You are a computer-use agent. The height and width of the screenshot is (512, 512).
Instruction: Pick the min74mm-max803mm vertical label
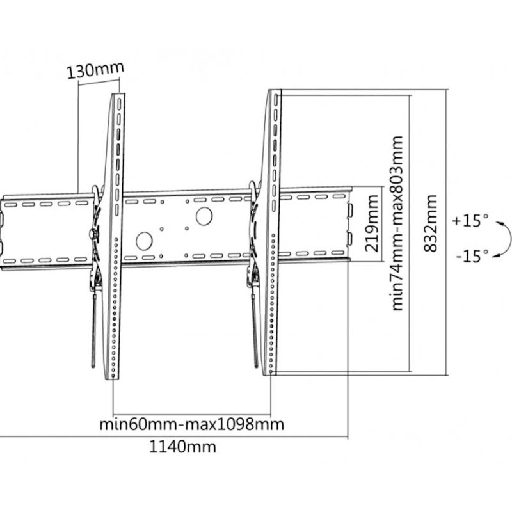tap(397, 223)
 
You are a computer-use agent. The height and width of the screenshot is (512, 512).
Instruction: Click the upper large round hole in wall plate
tap(204, 216)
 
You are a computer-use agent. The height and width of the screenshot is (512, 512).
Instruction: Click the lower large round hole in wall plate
tap(145, 241)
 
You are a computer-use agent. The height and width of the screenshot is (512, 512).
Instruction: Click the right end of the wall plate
tap(351, 224)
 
